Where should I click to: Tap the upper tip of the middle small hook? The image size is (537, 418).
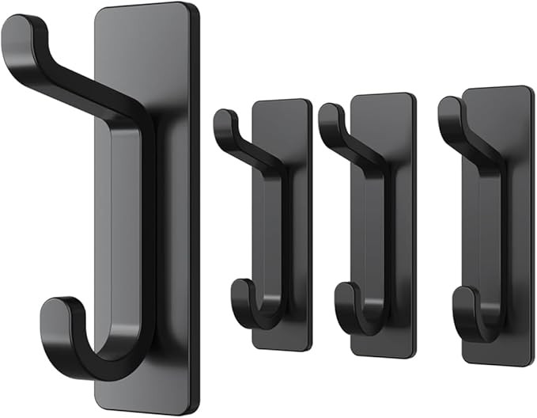pos(327,116)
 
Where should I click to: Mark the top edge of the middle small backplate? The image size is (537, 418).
pos(383,95)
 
